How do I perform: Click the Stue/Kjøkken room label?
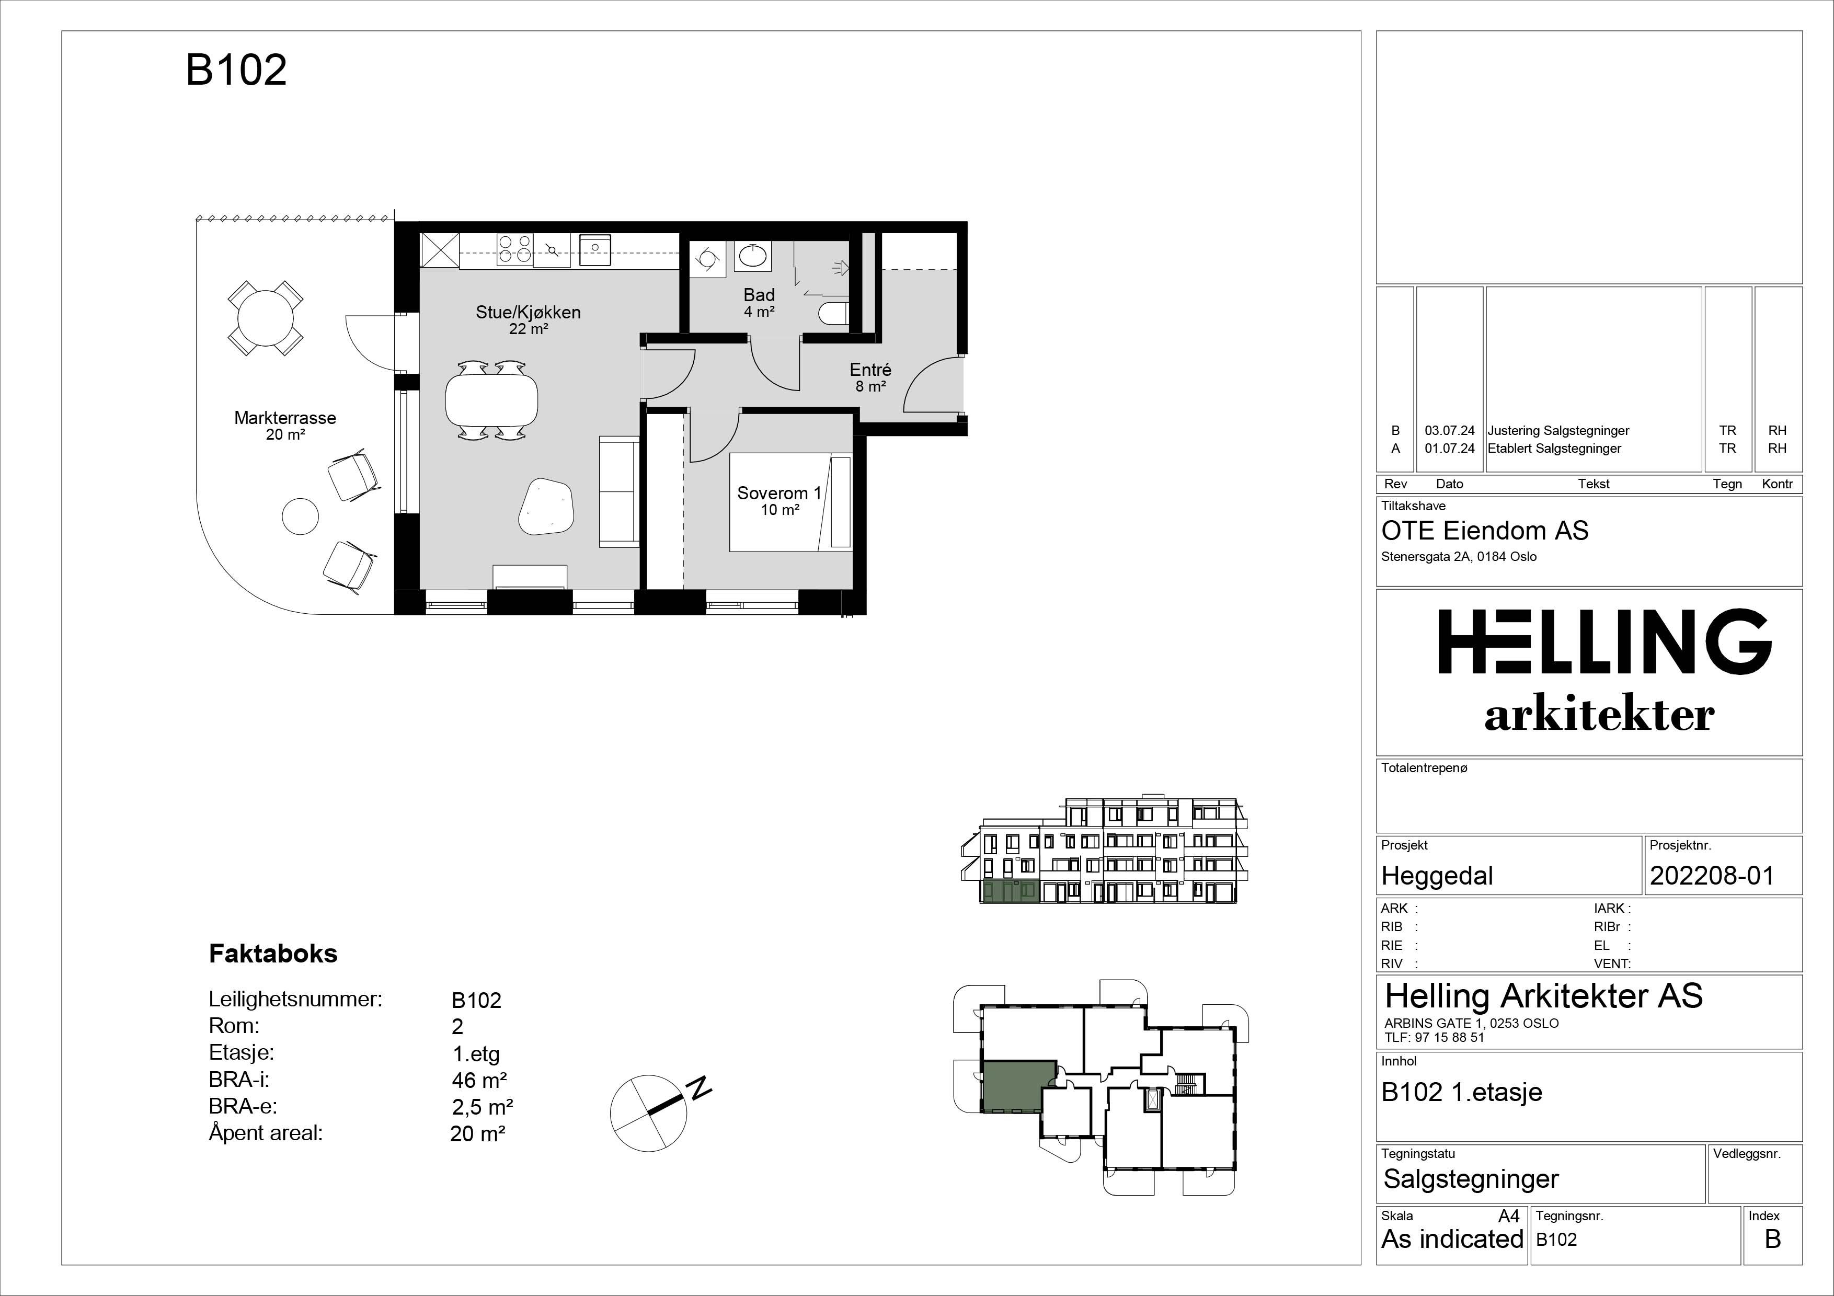(528, 312)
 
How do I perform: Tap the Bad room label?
(759, 295)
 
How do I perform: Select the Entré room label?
(870, 370)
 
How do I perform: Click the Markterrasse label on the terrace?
(285, 418)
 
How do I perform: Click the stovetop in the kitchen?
(514, 249)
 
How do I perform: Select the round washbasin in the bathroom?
(753, 256)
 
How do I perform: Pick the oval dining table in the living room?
(491, 399)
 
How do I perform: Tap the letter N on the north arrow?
(700, 1087)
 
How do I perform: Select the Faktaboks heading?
(273, 954)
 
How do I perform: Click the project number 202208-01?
(1712, 876)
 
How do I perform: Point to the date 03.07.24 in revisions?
(1450, 430)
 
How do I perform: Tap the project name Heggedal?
(1437, 876)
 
